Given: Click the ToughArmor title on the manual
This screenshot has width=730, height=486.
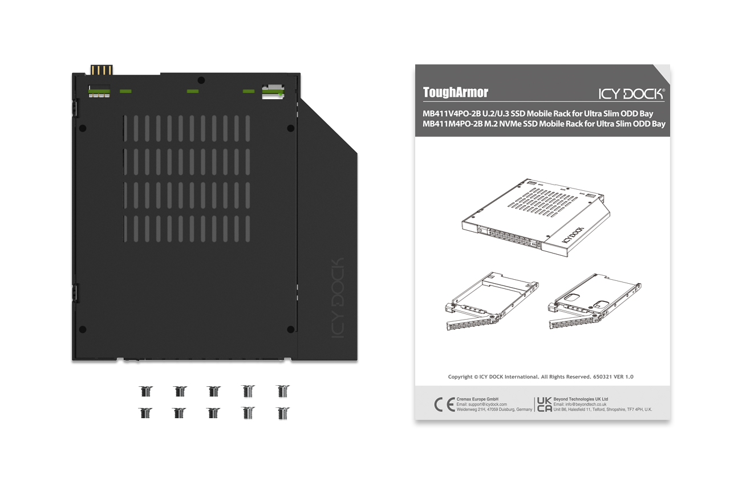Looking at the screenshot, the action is [455, 92].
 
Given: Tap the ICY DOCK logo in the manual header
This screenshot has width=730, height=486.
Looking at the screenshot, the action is [631, 94].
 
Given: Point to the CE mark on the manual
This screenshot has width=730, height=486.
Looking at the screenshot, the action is [444, 405].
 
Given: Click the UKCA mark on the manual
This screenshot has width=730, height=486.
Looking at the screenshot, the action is [544, 405].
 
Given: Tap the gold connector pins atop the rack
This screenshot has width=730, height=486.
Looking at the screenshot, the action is [102, 70].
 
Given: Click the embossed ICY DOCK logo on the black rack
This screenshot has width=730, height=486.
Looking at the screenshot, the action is [338, 297].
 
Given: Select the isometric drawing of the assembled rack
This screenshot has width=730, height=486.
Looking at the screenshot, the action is [536, 218].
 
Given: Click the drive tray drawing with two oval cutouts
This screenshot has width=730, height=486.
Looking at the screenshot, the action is [595, 301].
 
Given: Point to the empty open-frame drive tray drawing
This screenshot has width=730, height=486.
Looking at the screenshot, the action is [492, 301].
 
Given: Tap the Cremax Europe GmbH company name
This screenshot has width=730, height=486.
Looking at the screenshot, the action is [477, 399].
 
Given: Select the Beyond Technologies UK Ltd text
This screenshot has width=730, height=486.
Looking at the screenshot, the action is [581, 399].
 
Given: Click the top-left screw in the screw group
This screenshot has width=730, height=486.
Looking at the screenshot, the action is [145, 391].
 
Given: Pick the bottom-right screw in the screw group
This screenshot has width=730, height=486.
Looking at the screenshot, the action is [282, 413].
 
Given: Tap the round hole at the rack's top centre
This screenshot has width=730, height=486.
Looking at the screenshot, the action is [201, 80].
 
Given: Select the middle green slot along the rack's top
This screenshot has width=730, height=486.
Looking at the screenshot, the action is [193, 91].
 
